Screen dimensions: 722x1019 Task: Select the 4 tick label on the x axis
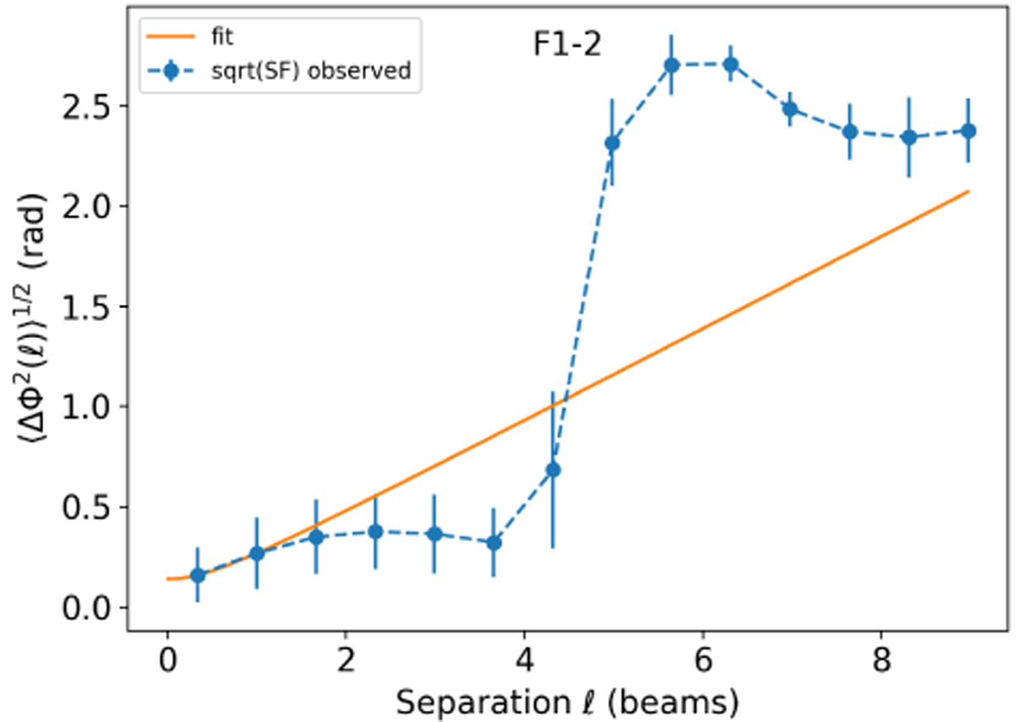(x=524, y=661)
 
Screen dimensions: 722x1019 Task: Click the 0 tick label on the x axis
(x=167, y=661)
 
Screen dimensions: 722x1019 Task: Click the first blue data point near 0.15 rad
(x=197, y=575)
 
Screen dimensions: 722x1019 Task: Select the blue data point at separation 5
(x=611, y=143)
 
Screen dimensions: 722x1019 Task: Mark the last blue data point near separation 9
(x=968, y=131)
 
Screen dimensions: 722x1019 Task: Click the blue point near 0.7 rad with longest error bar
(x=553, y=470)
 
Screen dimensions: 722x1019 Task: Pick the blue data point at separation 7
(x=790, y=109)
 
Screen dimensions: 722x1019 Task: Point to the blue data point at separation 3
(x=434, y=533)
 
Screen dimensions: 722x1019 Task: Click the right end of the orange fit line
(x=968, y=192)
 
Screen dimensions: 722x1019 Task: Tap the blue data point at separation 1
(x=256, y=554)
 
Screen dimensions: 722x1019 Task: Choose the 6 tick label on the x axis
(x=702, y=661)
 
